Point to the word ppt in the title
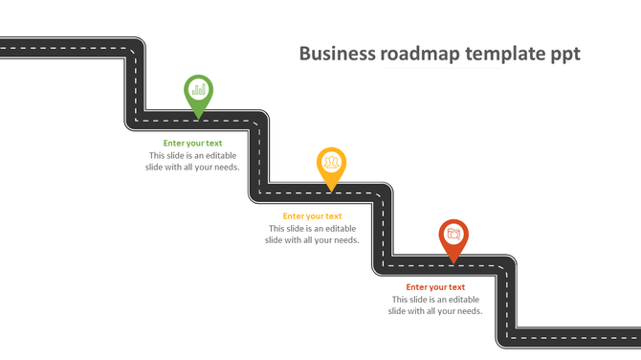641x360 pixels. coord(564,55)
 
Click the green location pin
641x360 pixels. coord(198,94)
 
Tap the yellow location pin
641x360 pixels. coord(331,166)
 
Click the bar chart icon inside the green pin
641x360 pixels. coord(198,90)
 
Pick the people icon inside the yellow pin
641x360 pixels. coord(331,162)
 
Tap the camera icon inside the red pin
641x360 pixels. coord(453,234)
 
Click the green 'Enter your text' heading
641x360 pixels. coord(192,144)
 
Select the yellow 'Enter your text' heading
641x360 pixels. coord(312,216)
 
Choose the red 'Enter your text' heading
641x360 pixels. coord(435,287)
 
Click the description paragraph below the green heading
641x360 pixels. coord(192,161)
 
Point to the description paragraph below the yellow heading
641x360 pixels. coord(312,235)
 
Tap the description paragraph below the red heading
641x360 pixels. coord(435,305)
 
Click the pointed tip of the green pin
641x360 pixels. coord(198,119)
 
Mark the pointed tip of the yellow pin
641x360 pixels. coord(331,190)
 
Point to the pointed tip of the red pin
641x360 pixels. coord(453,261)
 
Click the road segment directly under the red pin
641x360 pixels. coord(453,265)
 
